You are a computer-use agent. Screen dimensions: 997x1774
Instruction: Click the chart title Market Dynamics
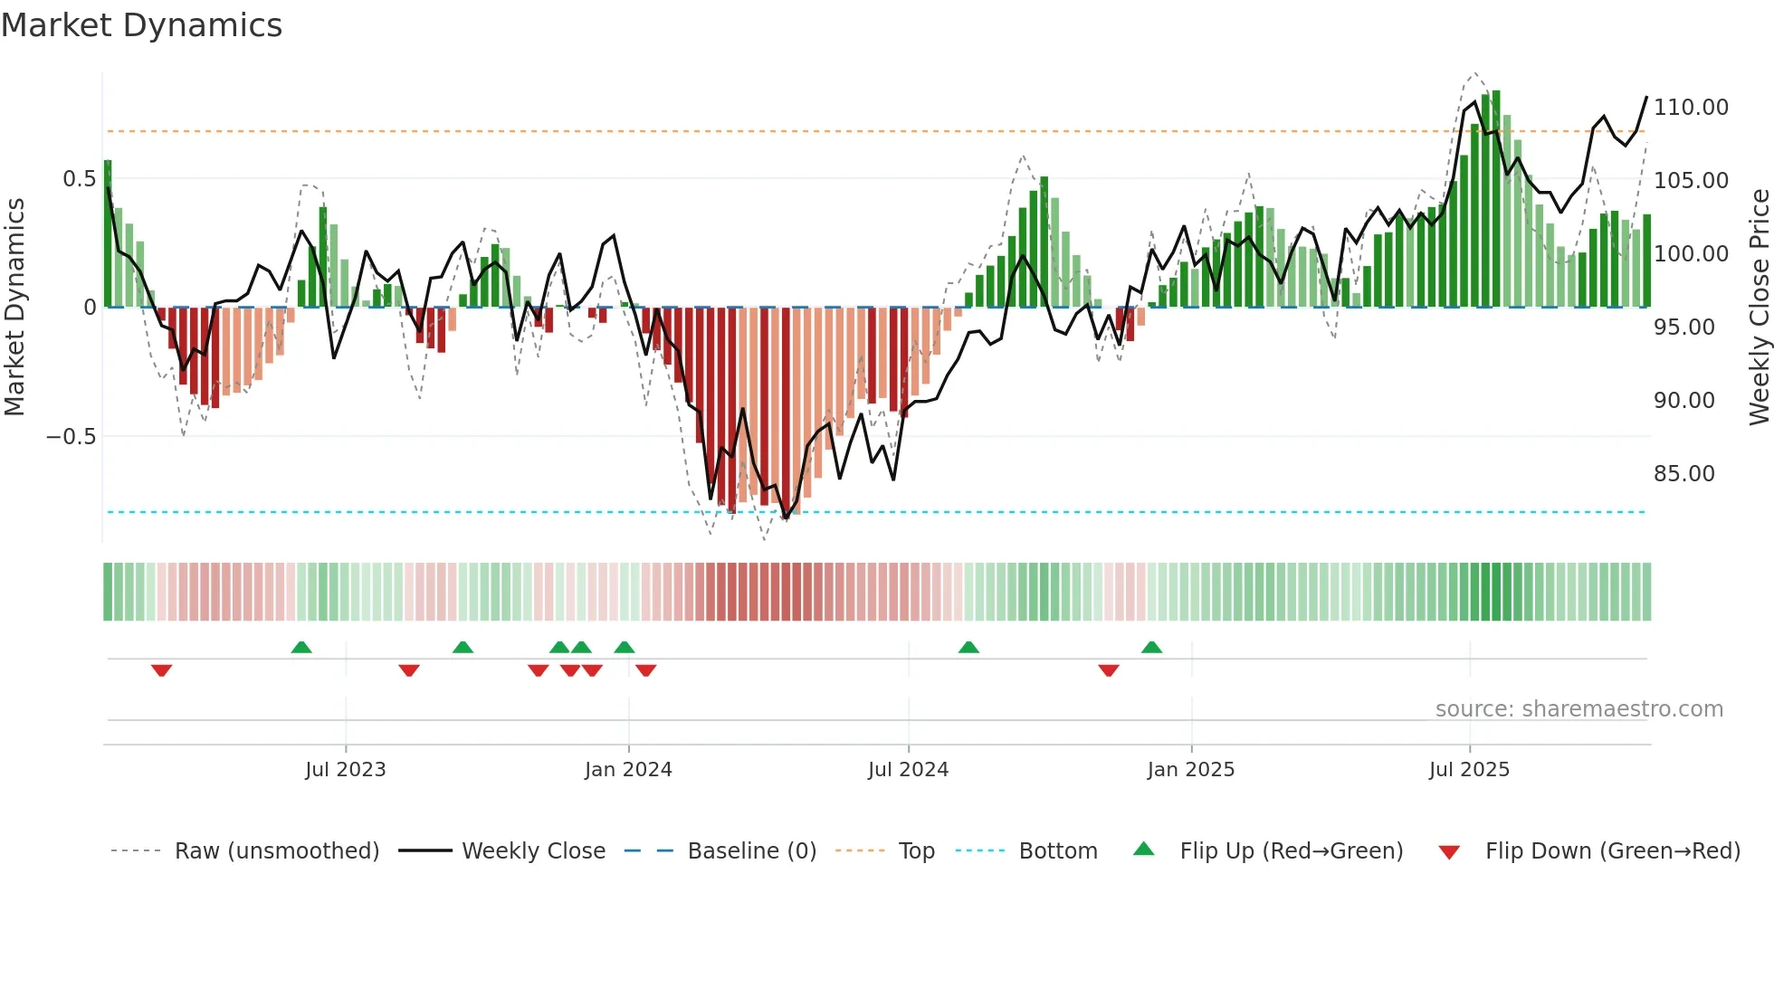pos(141,25)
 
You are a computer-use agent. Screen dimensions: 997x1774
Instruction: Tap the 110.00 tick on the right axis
pos(1691,108)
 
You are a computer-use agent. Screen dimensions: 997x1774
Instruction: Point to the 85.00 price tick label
pos(1683,474)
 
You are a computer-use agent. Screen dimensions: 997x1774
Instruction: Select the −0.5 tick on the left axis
pos(71,437)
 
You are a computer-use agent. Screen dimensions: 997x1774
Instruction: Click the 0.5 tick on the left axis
pos(79,179)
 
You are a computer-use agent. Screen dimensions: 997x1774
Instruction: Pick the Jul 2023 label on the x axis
pos(345,770)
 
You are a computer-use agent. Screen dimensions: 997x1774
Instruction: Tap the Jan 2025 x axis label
pos(1190,770)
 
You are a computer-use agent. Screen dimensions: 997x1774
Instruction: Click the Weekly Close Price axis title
pos(1759,308)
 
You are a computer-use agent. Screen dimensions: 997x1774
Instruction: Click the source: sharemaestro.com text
pos(1578,709)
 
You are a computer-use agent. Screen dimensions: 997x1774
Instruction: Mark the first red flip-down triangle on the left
pos(162,670)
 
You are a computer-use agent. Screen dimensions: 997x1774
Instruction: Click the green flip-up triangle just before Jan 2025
pos(1151,647)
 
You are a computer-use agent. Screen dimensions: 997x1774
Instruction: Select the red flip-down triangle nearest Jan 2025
pos(1109,670)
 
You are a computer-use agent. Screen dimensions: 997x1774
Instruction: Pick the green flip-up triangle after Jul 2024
pos(968,647)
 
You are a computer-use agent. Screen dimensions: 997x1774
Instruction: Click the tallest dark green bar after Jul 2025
pos(1496,199)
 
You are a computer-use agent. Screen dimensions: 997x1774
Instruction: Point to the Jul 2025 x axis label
pos(1469,770)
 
